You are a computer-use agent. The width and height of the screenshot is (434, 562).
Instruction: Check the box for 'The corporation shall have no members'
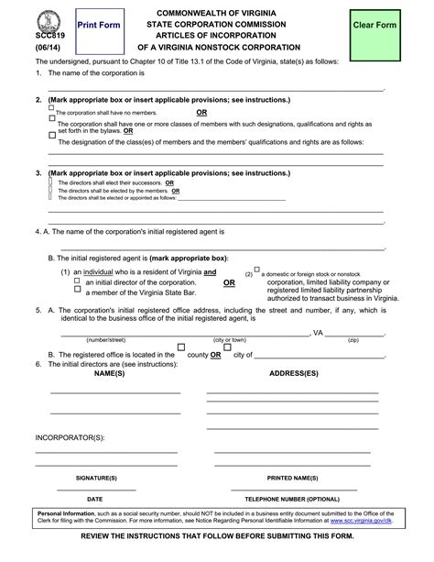tap(51, 108)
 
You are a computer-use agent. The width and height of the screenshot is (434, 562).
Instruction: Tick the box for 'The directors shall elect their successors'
tap(50, 182)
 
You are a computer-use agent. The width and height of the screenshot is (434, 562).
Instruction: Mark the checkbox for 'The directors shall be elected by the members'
tap(50, 190)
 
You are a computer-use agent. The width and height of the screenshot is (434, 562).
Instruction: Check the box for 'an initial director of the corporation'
tap(78, 281)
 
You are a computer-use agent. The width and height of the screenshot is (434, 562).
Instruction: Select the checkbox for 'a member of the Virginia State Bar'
tap(78, 292)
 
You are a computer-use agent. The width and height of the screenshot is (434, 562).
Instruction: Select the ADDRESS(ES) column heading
tap(293, 374)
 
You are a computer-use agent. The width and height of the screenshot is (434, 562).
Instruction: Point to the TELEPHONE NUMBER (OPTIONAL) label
tap(292, 497)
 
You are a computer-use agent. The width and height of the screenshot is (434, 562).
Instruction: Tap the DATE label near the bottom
tap(94, 497)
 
